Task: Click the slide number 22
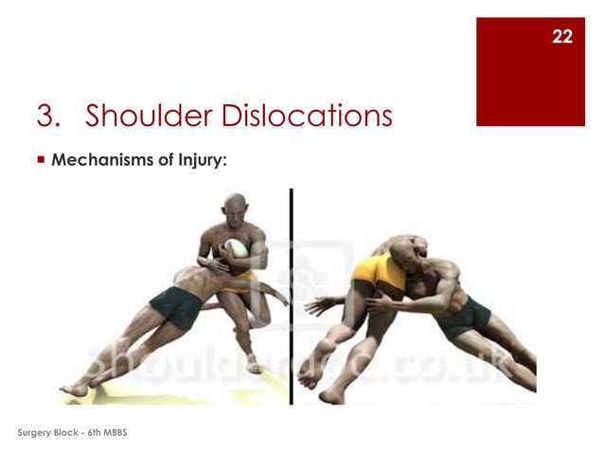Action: click(562, 37)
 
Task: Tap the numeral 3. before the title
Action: click(49, 117)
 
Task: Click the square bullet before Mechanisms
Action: click(40, 160)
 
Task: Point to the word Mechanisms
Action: click(98, 160)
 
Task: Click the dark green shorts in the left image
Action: click(175, 306)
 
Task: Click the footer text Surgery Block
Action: click(44, 432)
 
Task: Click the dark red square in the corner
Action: click(530, 71)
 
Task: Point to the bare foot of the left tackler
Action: click(71, 388)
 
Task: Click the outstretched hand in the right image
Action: click(316, 307)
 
